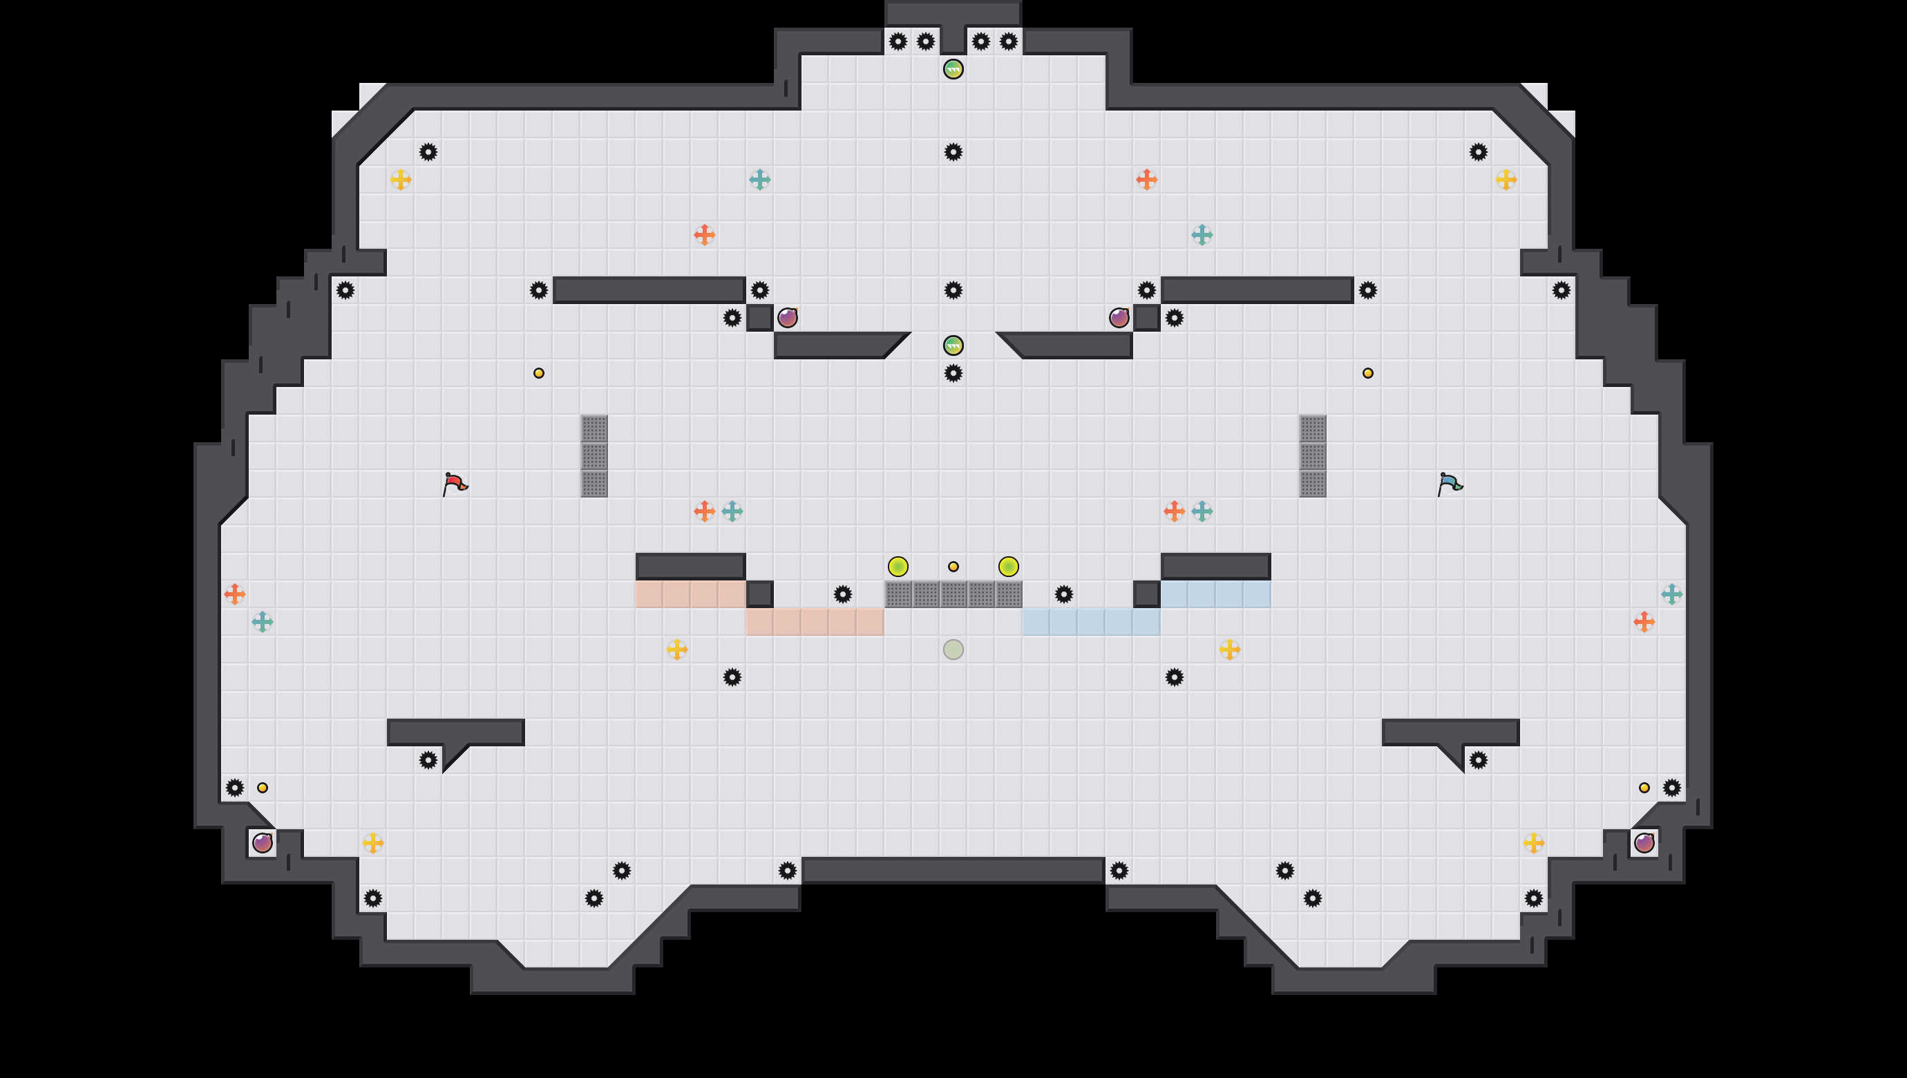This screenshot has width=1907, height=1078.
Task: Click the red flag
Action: tap(454, 484)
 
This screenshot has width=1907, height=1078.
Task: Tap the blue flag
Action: tap(1449, 484)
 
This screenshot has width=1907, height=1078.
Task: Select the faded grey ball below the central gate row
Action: tap(953, 650)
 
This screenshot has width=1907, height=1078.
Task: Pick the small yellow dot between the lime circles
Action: tap(953, 567)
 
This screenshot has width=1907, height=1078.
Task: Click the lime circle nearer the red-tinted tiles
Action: tap(898, 567)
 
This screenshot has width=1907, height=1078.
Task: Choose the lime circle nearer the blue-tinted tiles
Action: tap(1008, 567)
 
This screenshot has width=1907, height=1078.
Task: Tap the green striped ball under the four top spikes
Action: tap(953, 69)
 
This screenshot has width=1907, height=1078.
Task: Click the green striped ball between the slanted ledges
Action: tap(953, 345)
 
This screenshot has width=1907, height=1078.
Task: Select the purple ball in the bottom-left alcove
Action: tap(262, 842)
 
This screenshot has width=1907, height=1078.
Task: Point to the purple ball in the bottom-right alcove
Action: tap(1644, 842)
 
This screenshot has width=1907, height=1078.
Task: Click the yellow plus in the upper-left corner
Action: tap(401, 179)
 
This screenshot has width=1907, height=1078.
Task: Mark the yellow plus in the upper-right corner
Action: tap(1506, 179)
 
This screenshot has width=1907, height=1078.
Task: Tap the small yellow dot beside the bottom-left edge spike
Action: tap(262, 787)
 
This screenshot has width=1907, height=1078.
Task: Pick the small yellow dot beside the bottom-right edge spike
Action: tap(1644, 787)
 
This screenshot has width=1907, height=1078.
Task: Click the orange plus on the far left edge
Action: tap(235, 594)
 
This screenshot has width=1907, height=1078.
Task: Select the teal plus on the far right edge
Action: tap(1671, 594)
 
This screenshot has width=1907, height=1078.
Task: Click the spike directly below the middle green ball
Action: tap(953, 372)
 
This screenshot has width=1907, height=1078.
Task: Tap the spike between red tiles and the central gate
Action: tap(842, 594)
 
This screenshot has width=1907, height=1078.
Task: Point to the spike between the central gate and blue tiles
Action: tap(1064, 594)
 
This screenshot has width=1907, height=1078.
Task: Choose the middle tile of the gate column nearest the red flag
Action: tap(594, 455)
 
